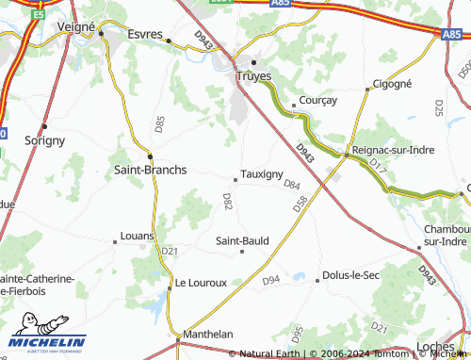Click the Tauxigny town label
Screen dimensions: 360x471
pos(262,174)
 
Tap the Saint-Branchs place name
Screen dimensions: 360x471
pos(150,170)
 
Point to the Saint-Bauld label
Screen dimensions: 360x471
pos(243,240)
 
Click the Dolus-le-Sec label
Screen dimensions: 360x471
pos(350,275)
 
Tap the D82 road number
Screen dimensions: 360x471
pos(227,200)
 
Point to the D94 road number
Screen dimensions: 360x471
pos(271,280)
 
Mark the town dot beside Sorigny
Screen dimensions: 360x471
pos(44,125)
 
